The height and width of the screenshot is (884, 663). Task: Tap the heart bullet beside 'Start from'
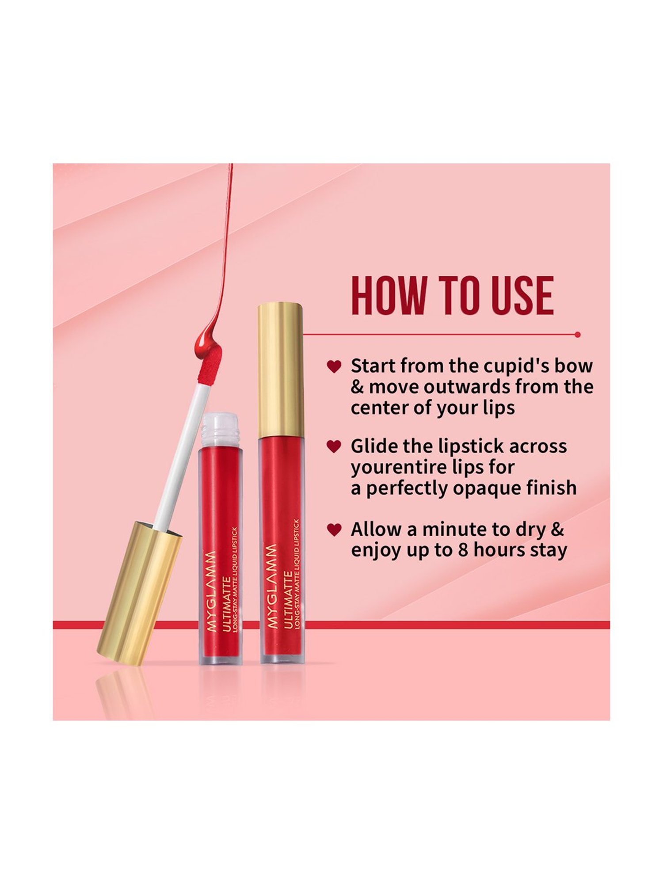(334, 366)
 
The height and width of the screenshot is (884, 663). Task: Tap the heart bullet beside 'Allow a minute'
(334, 529)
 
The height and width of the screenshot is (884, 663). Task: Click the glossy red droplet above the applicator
(206, 340)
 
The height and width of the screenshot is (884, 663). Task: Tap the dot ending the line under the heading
(578, 335)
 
